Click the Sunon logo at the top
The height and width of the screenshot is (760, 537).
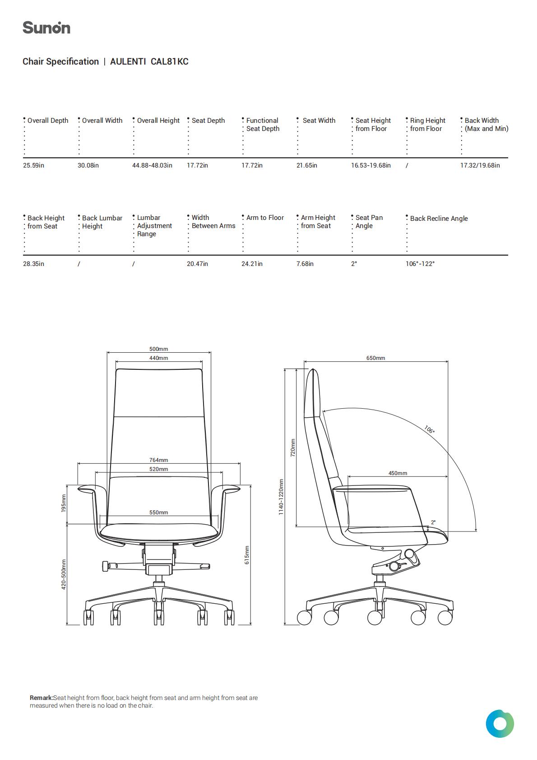(x=46, y=28)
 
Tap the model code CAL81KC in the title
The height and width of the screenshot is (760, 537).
(x=170, y=61)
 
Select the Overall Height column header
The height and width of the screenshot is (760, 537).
(x=158, y=121)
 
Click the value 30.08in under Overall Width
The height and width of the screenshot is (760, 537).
(x=88, y=165)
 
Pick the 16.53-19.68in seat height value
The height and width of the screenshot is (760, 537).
(x=371, y=165)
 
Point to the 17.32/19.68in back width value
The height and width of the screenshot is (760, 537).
(x=480, y=165)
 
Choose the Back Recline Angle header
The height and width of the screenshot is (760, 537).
(x=439, y=219)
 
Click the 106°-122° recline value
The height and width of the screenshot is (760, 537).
(x=420, y=264)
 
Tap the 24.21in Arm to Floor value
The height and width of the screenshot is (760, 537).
(x=252, y=264)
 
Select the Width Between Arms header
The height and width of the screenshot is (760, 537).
(x=213, y=222)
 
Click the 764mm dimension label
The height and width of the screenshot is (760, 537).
(x=159, y=460)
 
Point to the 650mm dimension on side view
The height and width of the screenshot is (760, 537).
(x=375, y=358)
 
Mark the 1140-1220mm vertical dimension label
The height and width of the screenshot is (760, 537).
(x=281, y=497)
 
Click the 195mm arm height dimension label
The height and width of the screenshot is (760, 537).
(x=64, y=503)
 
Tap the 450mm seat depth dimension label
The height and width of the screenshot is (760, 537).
(x=398, y=473)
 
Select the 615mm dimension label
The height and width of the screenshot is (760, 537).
(x=247, y=555)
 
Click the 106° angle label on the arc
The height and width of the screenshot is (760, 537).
(x=429, y=429)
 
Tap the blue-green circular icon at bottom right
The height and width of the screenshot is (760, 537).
(x=500, y=724)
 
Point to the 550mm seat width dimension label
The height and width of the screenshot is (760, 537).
(x=159, y=513)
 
